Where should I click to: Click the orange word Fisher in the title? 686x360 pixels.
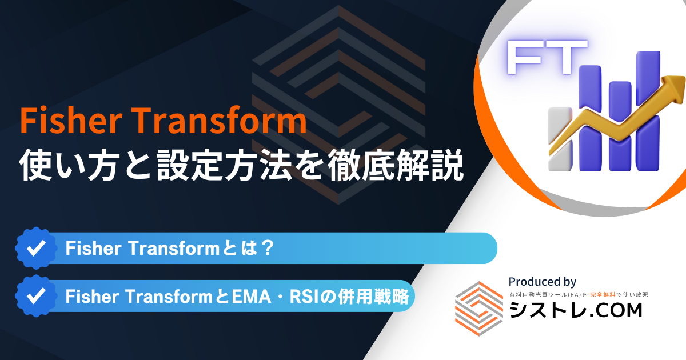[x=71, y=121]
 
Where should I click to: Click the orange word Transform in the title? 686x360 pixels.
[x=220, y=121]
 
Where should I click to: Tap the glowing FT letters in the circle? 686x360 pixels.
[x=547, y=57]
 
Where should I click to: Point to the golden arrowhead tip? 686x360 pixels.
[x=684, y=78]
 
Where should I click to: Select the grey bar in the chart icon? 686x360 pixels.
[x=560, y=139]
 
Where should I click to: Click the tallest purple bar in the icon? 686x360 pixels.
[x=648, y=110]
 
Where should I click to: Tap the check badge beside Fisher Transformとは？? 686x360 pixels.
[x=36, y=248]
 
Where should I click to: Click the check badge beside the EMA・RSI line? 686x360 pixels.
[x=36, y=296]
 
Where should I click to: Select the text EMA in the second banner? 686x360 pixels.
[x=252, y=297]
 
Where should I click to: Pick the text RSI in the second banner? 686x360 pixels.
[x=302, y=297]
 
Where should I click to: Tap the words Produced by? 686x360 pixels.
[x=543, y=282]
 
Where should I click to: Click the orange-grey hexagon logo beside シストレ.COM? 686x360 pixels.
[x=479, y=309]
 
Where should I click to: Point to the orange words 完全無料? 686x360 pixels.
[x=603, y=295]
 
